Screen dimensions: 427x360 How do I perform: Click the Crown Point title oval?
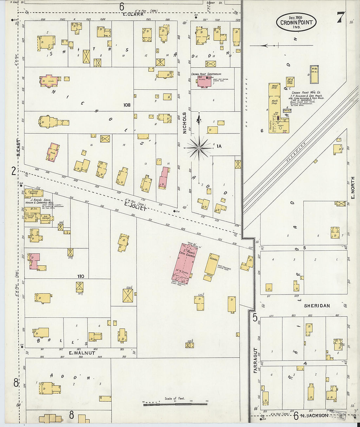[x=296, y=22]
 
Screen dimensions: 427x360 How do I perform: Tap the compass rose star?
[x=199, y=148]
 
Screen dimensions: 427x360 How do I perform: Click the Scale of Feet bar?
[x=175, y=404]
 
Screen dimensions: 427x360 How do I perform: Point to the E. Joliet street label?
[x=135, y=205]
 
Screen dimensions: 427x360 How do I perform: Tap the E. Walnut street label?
[x=82, y=353]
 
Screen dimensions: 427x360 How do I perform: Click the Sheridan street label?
[x=317, y=306]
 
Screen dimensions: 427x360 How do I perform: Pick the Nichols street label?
[x=184, y=123]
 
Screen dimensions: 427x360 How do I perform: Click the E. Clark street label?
[x=134, y=14]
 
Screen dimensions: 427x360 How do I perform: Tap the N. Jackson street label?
[x=314, y=416]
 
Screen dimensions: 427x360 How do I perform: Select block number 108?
[x=127, y=105]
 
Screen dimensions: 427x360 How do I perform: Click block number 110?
[x=81, y=276]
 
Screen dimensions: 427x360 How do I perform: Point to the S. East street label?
[x=19, y=148]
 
